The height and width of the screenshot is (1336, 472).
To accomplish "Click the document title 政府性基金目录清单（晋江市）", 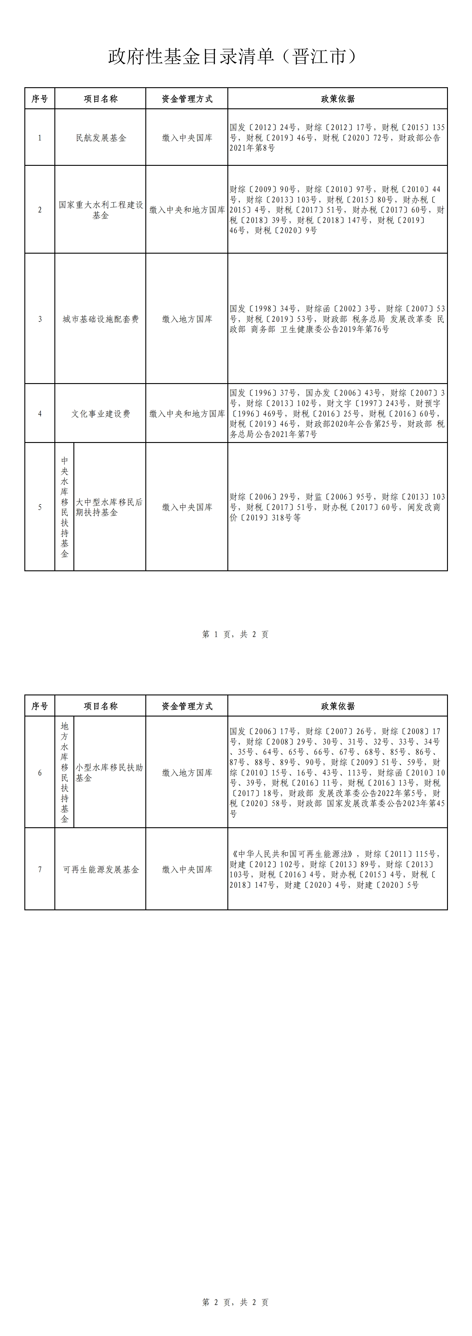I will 233,57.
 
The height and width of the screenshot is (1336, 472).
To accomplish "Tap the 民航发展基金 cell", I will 100,138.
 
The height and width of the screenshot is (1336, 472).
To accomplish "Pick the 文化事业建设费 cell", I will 100,414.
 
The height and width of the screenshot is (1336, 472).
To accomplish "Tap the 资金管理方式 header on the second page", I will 187,706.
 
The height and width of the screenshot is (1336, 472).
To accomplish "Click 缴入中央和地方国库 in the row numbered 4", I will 187,414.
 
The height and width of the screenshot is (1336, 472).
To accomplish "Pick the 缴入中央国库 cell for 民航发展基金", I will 187,138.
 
